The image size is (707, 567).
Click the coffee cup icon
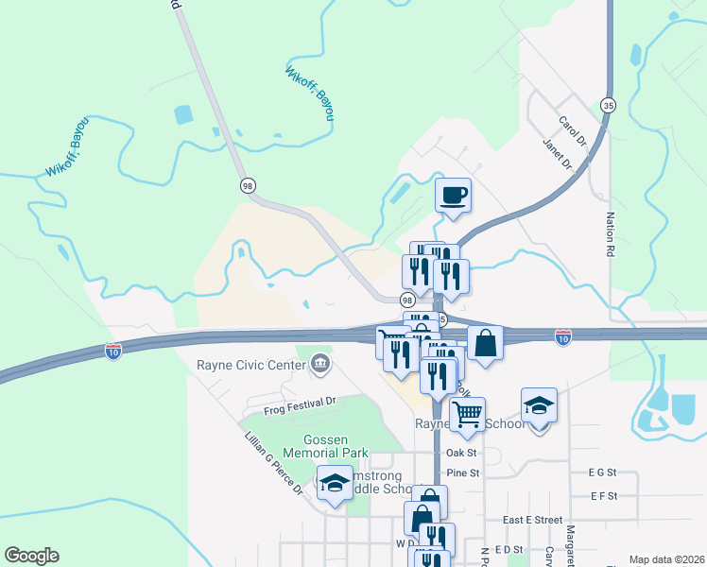(453, 195)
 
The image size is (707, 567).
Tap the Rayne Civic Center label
(250, 364)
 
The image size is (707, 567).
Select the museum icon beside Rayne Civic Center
(319, 363)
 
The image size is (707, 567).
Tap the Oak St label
(462, 453)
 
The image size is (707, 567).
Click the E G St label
(601, 472)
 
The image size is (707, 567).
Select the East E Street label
(532, 520)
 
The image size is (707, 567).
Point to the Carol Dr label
(572, 131)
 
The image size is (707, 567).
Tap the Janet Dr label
(558, 153)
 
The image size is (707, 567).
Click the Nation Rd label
(610, 235)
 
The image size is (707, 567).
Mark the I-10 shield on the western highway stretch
(112, 351)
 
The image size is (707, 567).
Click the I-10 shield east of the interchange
(563, 335)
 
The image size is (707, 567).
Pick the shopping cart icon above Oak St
(467, 413)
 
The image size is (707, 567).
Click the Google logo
(31, 556)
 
